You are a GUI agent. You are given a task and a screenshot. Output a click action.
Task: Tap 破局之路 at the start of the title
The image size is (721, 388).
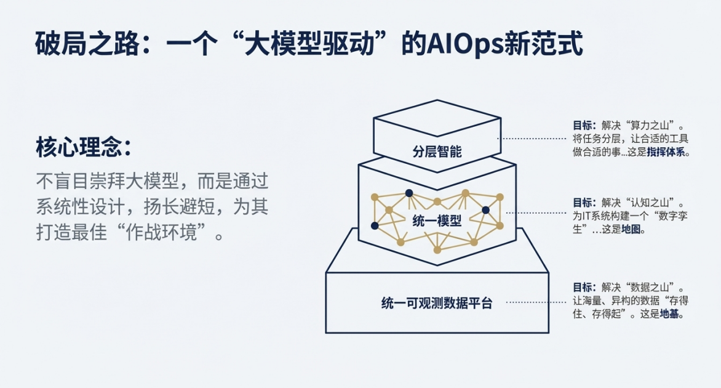coord(87,44)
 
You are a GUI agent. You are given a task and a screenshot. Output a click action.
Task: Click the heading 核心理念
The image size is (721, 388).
coord(78,147)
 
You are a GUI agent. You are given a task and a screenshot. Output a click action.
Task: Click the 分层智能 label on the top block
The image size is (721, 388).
coord(437,152)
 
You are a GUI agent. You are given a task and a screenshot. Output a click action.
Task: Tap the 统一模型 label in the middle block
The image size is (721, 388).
coord(437,221)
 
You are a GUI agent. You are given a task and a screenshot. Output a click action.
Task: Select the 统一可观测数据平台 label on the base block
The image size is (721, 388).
coord(437,303)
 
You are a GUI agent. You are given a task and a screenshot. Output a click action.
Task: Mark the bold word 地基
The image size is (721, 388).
coord(669,314)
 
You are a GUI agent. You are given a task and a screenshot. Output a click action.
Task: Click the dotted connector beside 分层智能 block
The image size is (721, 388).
coord(532,138)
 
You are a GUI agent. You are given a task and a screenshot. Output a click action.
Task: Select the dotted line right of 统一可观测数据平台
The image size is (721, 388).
coord(536,302)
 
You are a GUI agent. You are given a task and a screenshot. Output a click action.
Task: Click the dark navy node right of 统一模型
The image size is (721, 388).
coord(485,211)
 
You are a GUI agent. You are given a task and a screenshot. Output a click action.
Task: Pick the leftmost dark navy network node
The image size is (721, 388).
coord(375,225)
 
